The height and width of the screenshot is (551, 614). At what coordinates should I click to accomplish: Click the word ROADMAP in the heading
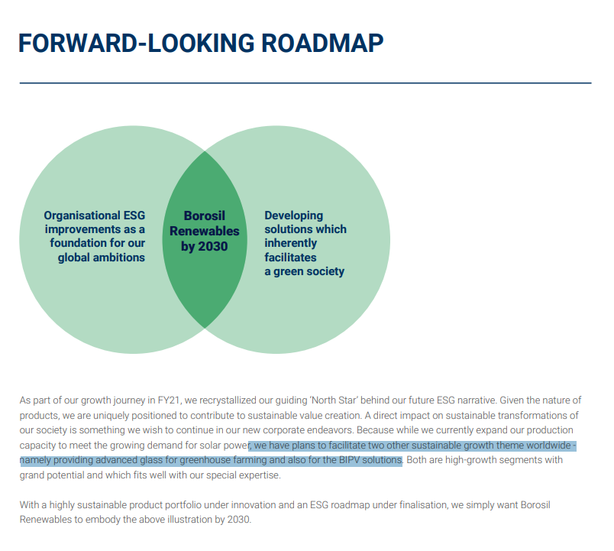click(322, 43)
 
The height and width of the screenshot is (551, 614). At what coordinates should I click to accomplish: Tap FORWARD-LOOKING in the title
click(136, 43)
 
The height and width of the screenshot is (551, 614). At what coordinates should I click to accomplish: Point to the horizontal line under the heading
click(305, 83)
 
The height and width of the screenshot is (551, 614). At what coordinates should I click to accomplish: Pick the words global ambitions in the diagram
click(102, 258)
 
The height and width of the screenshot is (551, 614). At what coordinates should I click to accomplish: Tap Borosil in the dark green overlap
click(205, 216)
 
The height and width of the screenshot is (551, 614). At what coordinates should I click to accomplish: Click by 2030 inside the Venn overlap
click(205, 247)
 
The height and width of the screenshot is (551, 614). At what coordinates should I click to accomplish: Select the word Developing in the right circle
click(294, 216)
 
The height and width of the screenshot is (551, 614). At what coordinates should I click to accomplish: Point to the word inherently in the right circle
click(290, 243)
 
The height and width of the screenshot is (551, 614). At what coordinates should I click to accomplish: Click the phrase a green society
click(304, 271)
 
